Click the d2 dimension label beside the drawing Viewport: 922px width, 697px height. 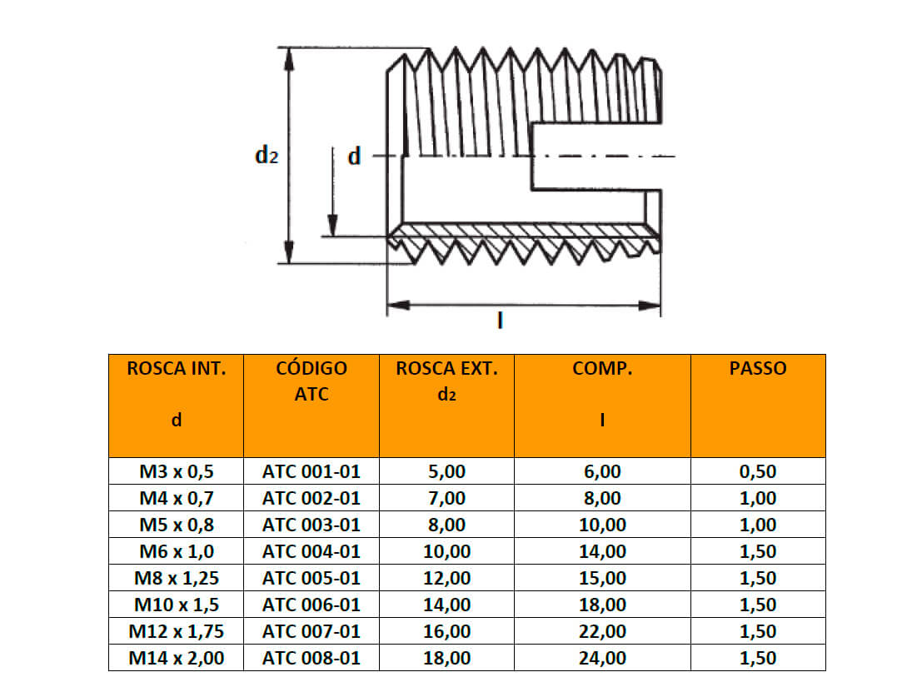(266, 156)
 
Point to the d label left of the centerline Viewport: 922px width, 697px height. (354, 157)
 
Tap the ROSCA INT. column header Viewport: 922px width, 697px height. (176, 369)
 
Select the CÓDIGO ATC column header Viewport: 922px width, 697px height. (311, 381)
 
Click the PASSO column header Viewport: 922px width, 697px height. (757, 369)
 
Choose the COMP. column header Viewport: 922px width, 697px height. (601, 369)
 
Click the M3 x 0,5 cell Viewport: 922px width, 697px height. (176, 471)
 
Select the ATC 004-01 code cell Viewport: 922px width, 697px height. (311, 551)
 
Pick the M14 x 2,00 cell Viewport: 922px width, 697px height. (176, 658)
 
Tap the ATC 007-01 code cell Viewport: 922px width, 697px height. (311, 631)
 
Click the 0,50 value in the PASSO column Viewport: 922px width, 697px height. (757, 471)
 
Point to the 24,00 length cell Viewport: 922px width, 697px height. (601, 658)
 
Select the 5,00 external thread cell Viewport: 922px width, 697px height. (446, 471)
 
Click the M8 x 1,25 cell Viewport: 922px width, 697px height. (176, 578)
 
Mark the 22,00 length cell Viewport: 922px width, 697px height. (601, 631)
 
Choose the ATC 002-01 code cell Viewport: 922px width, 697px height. (311, 498)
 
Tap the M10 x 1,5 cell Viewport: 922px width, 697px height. (176, 605)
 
